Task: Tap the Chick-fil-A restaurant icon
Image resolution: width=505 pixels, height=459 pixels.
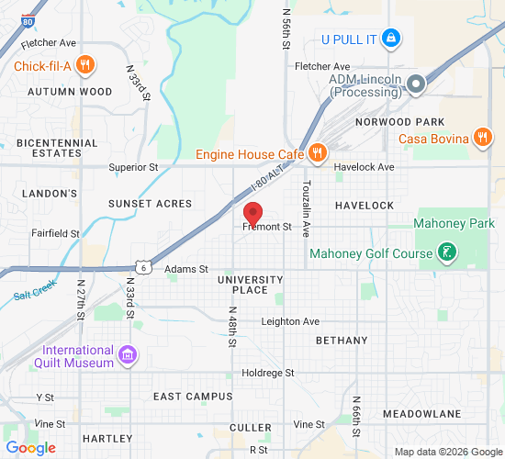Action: pos(84,64)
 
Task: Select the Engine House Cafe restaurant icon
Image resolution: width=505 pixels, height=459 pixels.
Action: pos(317,153)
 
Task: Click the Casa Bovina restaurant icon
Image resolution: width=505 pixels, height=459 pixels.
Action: pos(482,139)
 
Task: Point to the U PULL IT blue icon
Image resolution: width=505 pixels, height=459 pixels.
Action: pos(390,39)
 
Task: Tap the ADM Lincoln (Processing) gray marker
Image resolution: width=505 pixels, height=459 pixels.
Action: pos(416,84)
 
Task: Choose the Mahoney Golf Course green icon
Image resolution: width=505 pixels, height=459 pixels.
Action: pos(446,252)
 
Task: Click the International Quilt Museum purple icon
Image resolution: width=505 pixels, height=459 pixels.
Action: pos(128,355)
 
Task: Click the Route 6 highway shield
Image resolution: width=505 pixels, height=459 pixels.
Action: pos(144,266)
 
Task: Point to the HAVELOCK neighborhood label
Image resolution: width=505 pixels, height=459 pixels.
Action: pos(364,205)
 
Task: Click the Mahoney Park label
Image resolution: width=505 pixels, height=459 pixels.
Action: pos(454,223)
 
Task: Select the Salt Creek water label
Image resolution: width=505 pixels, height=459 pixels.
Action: pos(35,290)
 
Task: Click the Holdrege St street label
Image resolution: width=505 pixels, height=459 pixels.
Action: pos(267,373)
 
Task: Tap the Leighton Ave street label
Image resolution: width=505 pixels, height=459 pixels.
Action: pos(290,321)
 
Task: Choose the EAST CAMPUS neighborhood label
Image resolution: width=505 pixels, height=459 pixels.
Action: pos(186,396)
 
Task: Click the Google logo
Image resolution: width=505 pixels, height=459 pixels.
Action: pos(30,448)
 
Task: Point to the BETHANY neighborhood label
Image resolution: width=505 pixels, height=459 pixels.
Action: pos(341,340)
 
